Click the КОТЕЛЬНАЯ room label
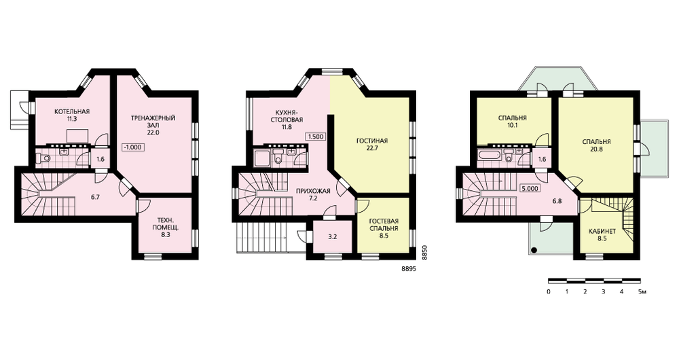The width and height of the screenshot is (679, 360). coord(72,112)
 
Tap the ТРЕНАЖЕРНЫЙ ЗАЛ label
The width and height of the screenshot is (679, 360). coord(153,122)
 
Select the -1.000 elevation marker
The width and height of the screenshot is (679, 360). coord(133,147)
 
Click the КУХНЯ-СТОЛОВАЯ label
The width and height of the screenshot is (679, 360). coord(287,116)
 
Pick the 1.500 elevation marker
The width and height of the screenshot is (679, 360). coord(316,137)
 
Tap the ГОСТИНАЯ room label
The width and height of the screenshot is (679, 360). coord(372,141)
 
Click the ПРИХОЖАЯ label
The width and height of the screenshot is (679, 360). coord(313,191)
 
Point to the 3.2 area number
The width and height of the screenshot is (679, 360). coord(332,236)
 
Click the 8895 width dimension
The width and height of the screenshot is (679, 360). coord(409,268)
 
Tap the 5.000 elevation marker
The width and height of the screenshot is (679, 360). coord(530,188)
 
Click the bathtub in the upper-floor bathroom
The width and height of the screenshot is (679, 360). coord(490,155)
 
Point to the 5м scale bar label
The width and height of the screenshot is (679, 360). coord(642,291)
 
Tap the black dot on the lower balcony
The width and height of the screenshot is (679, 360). coord(534,249)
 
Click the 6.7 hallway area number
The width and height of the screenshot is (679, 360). coord(96,197)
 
